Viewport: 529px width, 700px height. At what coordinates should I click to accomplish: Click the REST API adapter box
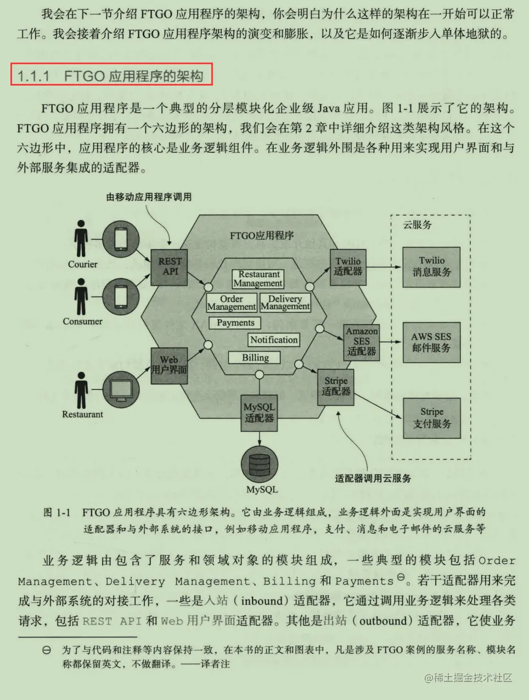[x=170, y=267]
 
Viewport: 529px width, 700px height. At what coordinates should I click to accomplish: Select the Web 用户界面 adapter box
[x=170, y=365]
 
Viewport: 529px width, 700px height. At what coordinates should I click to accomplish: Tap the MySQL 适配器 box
[x=260, y=413]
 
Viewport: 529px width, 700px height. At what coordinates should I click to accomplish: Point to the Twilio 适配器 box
[x=348, y=267]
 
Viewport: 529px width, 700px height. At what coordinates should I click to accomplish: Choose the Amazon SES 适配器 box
[x=362, y=341]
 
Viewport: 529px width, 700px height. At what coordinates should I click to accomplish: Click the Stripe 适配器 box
[x=336, y=386]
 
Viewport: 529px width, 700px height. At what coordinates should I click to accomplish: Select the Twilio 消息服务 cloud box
[x=431, y=267]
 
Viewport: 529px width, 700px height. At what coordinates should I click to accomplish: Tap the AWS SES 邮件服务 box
[x=431, y=342]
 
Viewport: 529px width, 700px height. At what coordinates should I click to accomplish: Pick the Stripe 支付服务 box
[x=432, y=417]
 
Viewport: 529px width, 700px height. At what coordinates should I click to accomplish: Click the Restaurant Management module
[x=258, y=279]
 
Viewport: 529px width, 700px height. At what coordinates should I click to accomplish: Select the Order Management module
[x=232, y=303]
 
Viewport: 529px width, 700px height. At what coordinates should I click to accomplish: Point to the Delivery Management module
[x=285, y=303]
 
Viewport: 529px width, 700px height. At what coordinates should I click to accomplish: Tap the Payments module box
[x=235, y=323]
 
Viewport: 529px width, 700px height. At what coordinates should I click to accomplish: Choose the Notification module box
[x=274, y=340]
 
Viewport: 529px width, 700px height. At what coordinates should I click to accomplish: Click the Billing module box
[x=255, y=358]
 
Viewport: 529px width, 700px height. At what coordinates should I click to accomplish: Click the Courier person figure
[x=82, y=239]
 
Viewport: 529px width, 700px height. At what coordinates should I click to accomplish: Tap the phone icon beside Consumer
[x=121, y=297]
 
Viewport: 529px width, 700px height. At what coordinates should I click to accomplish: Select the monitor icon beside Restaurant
[x=121, y=389]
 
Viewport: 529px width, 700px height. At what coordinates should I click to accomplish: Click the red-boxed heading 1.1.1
[x=111, y=75]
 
